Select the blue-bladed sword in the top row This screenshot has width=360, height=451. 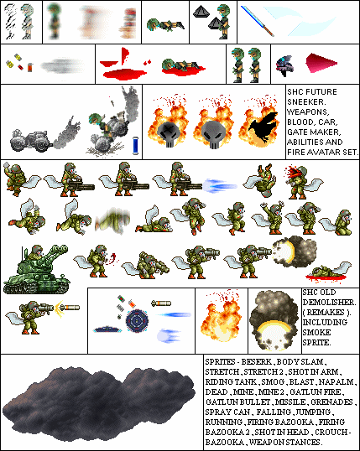point(257,21)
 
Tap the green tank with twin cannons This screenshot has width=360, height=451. point(36,269)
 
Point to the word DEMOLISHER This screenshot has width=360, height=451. point(329,303)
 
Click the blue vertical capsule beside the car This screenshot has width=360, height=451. point(136,146)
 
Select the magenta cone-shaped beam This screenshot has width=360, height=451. point(321,62)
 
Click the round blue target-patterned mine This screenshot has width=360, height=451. point(137,322)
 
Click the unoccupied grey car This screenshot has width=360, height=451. point(29,141)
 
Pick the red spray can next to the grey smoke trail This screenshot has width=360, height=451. point(30,67)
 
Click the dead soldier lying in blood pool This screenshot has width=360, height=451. point(328,272)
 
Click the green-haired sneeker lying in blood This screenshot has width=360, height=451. point(181,67)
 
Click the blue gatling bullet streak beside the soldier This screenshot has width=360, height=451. point(220,185)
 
